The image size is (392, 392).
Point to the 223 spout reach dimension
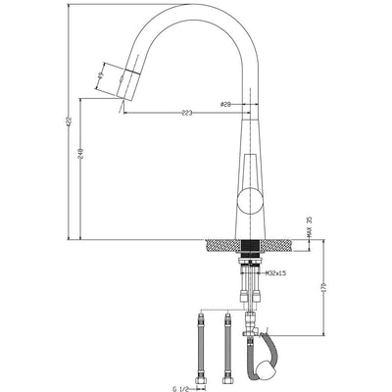tap(185, 113)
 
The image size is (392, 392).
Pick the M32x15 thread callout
tap(273, 271)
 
